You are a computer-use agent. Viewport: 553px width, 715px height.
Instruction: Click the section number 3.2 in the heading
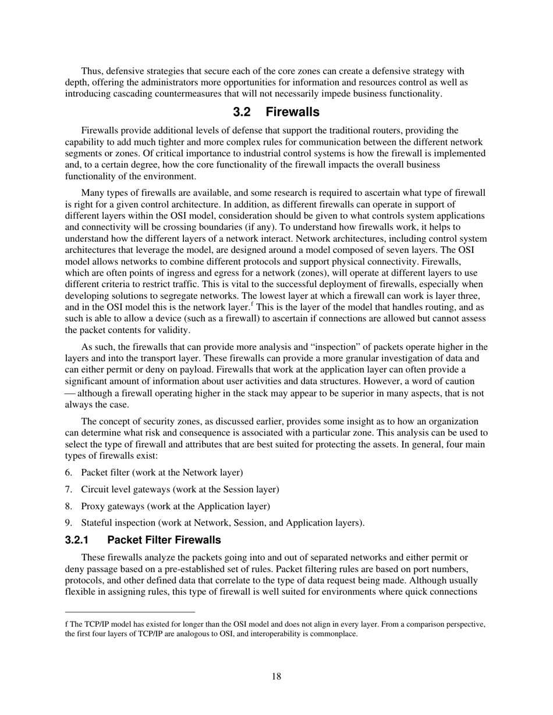242,112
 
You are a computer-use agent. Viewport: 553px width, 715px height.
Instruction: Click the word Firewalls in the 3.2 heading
293,112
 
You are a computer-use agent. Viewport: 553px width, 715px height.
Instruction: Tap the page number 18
276,676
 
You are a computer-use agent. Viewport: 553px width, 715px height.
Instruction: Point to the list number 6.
68,473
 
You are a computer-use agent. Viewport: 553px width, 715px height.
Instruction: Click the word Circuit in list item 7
95,489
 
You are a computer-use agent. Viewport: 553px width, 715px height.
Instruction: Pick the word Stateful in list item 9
97,523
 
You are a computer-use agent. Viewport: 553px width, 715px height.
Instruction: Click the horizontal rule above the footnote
130,612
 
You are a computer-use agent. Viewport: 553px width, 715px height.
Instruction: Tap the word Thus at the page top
91,71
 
